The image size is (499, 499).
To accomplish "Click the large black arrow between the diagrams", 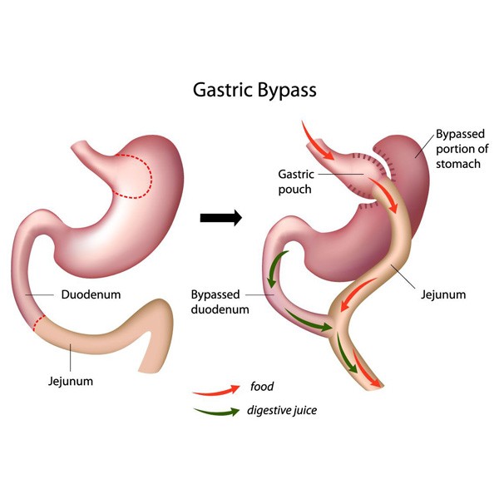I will pos(221,219).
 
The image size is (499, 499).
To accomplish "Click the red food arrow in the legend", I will pos(213,388).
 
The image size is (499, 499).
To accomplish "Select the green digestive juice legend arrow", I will pos(213,410).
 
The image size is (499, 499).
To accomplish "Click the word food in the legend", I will pos(262,387).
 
